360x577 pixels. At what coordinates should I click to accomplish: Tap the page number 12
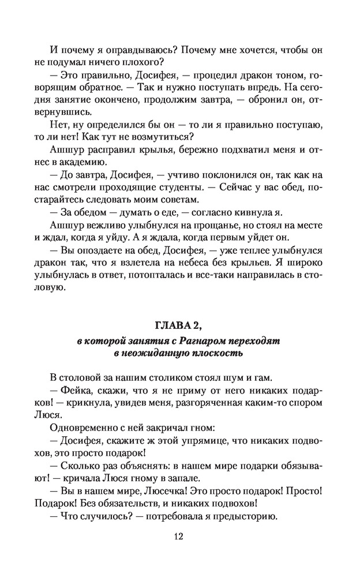click(x=179, y=537)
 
